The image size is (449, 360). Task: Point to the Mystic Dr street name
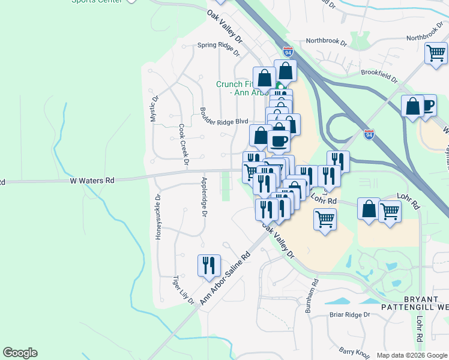click(154, 108)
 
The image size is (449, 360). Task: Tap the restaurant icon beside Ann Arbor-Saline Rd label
click(209, 265)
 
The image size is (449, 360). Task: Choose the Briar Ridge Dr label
click(350, 314)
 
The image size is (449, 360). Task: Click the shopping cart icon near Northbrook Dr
click(436, 53)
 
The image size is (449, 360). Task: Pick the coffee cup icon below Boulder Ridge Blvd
click(278, 142)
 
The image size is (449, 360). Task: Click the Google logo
click(20, 353)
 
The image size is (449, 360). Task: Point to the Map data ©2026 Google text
click(411, 355)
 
